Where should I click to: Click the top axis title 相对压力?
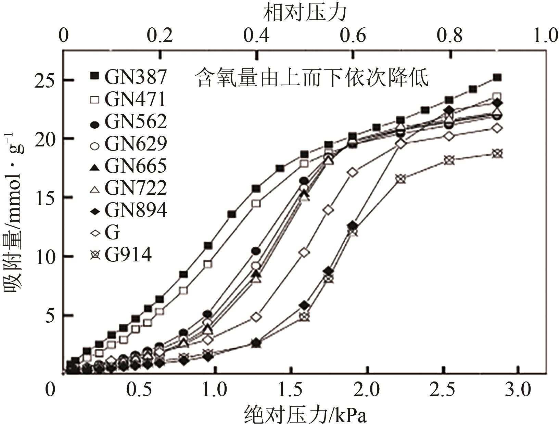tap(305, 13)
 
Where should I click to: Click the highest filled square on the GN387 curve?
tap(497, 78)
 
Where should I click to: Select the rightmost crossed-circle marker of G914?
tap(497, 153)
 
